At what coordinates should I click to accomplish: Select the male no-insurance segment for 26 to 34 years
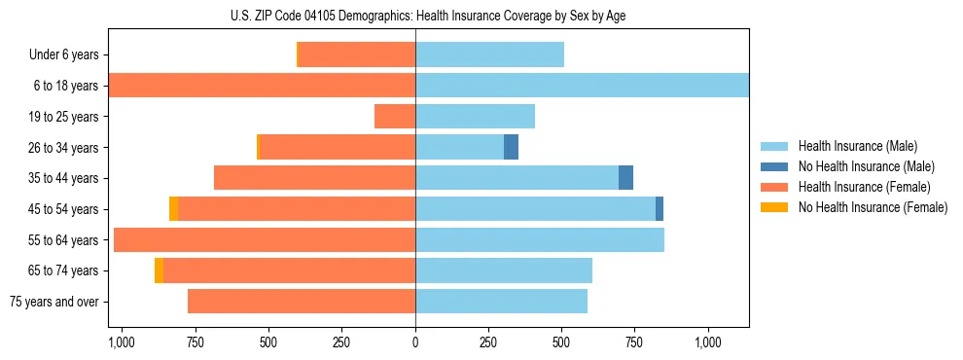pyautogui.click(x=511, y=147)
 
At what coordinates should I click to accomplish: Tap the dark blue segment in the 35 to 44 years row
pyautogui.click(x=625, y=178)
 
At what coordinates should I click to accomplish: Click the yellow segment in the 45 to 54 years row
pyautogui.click(x=173, y=208)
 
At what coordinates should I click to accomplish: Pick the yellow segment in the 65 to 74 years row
pyautogui.click(x=159, y=270)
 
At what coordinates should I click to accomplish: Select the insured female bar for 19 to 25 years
pyautogui.click(x=395, y=117)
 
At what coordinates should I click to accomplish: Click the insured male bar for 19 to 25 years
pyautogui.click(x=475, y=117)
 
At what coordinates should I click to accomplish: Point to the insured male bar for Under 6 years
pyautogui.click(x=489, y=54)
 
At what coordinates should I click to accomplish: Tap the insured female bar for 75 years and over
pyautogui.click(x=302, y=302)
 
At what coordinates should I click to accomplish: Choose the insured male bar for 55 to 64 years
pyautogui.click(x=540, y=239)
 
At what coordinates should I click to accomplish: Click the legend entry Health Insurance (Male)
pyautogui.click(x=857, y=146)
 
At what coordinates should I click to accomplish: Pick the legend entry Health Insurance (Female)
pyautogui.click(x=865, y=187)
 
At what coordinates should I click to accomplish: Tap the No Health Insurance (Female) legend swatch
pyautogui.click(x=775, y=207)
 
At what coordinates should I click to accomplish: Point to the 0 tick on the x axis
pyautogui.click(x=415, y=342)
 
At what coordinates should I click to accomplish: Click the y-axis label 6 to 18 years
pyautogui.click(x=66, y=86)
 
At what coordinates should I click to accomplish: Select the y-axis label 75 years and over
pyautogui.click(x=54, y=302)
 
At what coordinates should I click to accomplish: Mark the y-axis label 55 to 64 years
pyautogui.click(x=63, y=239)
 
